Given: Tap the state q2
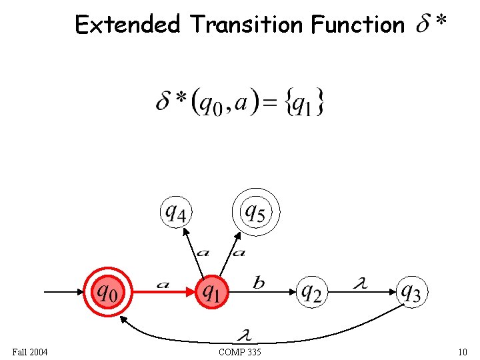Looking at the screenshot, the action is [x=311, y=291].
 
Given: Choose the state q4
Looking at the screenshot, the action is [x=178, y=212].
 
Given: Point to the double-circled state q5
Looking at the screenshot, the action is [x=257, y=212].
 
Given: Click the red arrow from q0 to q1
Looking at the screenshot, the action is [x=163, y=292].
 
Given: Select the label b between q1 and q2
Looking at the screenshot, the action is [x=259, y=283].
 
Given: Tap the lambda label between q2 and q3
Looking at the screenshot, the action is [x=359, y=284].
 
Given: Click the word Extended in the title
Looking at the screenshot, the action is [x=127, y=25].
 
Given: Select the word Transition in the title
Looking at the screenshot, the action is [x=246, y=25].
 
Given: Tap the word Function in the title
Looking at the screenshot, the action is [x=357, y=25].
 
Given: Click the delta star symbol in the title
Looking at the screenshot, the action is [x=431, y=25].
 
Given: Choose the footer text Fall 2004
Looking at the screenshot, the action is [x=30, y=351].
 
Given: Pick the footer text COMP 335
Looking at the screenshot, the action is [x=239, y=351].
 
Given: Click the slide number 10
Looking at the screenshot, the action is [x=463, y=351].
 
